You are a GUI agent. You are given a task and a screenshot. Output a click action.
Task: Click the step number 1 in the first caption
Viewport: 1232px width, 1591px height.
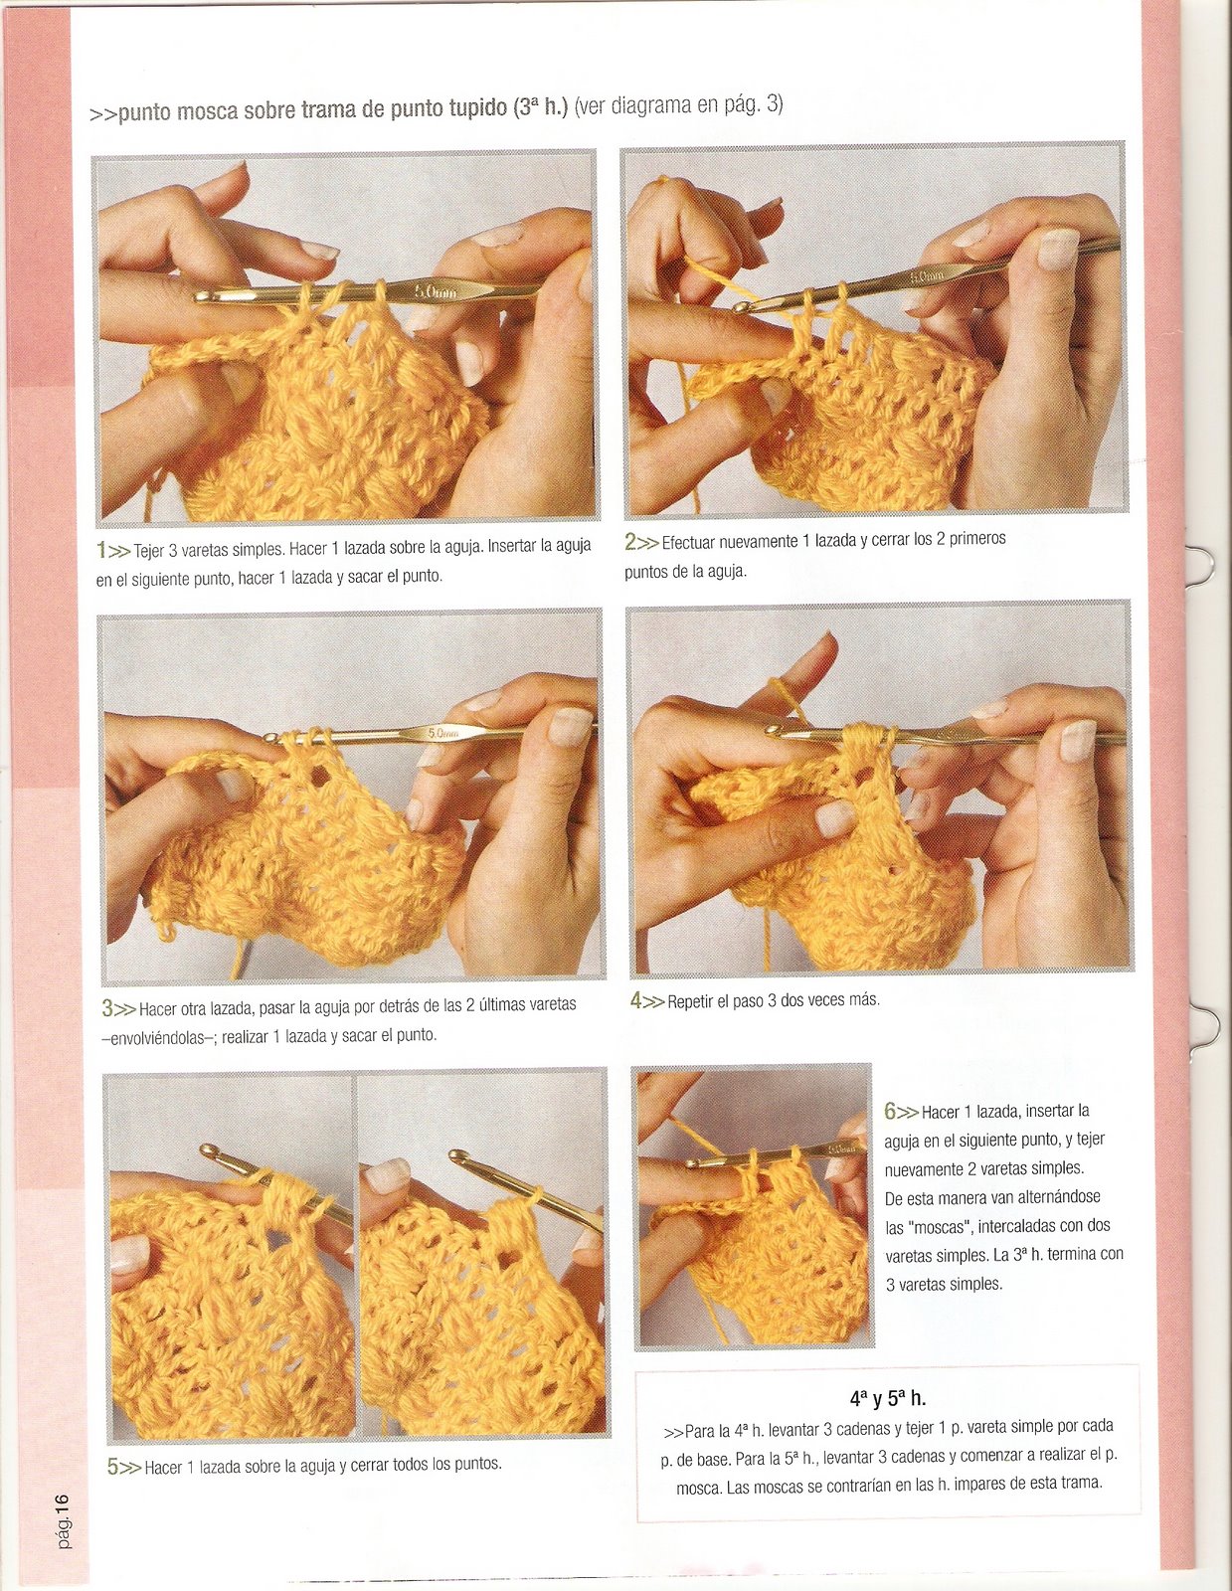101,549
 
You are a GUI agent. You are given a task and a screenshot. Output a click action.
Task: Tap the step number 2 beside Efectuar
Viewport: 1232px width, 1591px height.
630,542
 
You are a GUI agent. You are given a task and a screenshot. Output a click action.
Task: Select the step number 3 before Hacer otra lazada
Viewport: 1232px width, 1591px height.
107,1008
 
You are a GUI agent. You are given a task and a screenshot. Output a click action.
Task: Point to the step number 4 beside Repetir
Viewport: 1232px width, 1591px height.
635,1000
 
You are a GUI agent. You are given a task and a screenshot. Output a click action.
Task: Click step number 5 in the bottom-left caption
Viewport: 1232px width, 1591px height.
112,1467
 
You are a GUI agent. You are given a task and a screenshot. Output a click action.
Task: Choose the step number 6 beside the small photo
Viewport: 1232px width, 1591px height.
890,1111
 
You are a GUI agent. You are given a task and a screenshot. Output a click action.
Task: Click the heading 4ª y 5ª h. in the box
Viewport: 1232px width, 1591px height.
887,1399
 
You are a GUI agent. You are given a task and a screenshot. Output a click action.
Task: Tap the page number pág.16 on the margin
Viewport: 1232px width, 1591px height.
62,1520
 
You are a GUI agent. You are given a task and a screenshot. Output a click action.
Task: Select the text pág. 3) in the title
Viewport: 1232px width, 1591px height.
748,103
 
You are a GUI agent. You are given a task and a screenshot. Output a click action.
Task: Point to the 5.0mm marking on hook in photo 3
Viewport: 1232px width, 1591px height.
442,734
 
